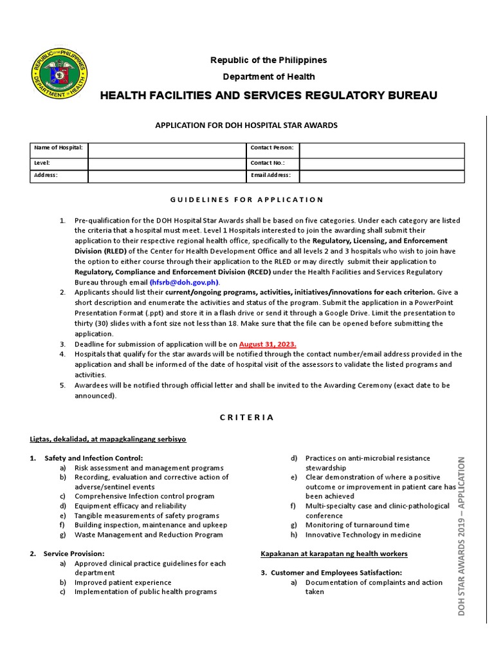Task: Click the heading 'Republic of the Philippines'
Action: pyautogui.click(x=269, y=60)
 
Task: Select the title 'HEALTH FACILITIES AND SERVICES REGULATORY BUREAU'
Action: pyautogui.click(x=268, y=96)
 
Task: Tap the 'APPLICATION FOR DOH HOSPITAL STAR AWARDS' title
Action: pyautogui.click(x=246, y=125)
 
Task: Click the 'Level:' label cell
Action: pyautogui.click(x=59, y=163)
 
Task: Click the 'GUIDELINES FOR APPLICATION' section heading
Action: pyautogui.click(x=247, y=200)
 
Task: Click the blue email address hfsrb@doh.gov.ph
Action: pyautogui.click(x=185, y=282)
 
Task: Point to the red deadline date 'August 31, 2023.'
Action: pyautogui.click(x=268, y=344)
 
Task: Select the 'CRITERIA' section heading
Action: pyautogui.click(x=247, y=417)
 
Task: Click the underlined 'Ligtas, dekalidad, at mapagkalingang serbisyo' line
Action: pyautogui.click(x=108, y=439)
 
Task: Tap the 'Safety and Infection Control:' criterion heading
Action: pyautogui.click(x=93, y=458)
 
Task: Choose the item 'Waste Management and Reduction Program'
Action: pyautogui.click(x=149, y=535)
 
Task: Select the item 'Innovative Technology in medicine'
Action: pyautogui.click(x=363, y=535)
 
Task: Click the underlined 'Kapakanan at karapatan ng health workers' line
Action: pyautogui.click(x=334, y=553)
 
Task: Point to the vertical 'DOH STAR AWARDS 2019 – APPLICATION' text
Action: pyautogui.click(x=461, y=536)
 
